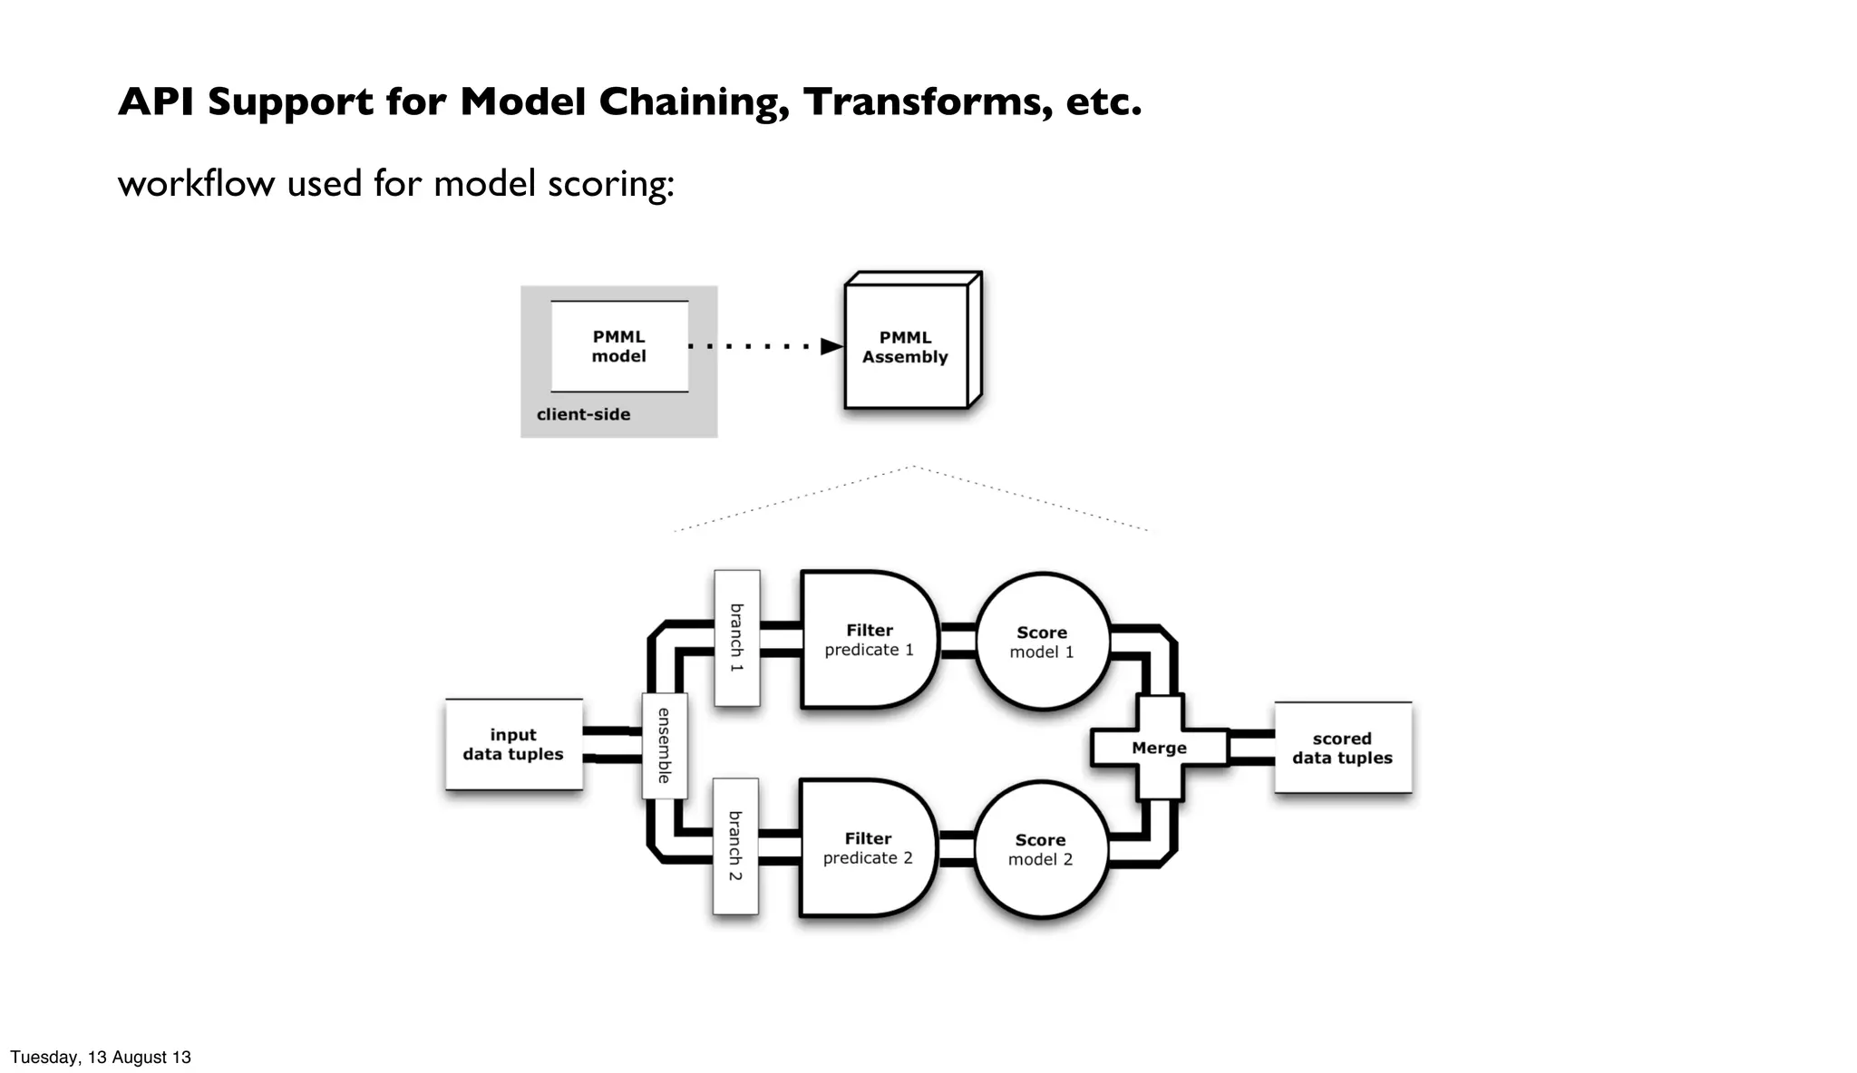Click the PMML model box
click(619, 346)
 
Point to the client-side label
click(583, 415)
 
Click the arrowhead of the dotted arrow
click(831, 346)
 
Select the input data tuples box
click(513, 745)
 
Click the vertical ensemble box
click(665, 746)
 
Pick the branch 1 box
click(736, 638)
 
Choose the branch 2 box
click(735, 846)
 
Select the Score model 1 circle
click(1042, 642)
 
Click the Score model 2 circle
click(1040, 850)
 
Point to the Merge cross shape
click(1159, 748)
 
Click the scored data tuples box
click(1342, 749)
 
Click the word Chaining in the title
click(694, 102)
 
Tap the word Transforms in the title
click(928, 102)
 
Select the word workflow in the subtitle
click(196, 184)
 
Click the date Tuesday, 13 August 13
click(101, 1057)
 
